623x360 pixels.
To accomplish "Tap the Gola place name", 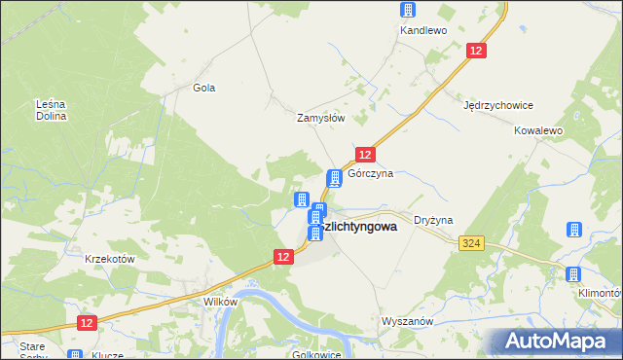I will coord(203,88).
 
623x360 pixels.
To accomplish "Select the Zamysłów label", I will coord(321,118).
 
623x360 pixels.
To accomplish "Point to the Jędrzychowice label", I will coord(498,105).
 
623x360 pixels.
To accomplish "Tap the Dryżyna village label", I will coord(433,221).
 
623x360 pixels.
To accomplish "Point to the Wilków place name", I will coord(220,302).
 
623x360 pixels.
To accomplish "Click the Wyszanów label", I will coord(406,321).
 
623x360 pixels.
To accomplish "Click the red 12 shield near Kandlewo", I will coord(476,51).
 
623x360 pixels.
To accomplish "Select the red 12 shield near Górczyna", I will coord(364,155).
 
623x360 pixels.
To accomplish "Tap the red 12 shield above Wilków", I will coord(282,257).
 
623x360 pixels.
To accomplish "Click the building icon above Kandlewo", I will coord(407,10).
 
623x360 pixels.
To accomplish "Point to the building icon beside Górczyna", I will coord(335,178).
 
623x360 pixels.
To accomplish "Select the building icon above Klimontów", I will coord(573,231).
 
